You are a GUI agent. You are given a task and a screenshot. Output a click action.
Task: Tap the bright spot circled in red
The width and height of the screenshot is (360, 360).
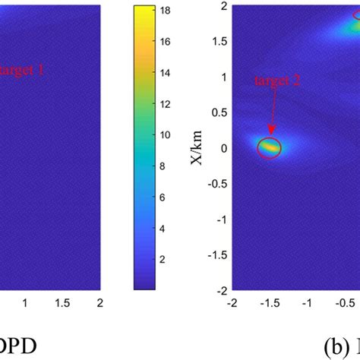pos(269,147)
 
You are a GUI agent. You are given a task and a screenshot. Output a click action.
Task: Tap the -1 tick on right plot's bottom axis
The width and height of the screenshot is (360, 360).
pos(308,302)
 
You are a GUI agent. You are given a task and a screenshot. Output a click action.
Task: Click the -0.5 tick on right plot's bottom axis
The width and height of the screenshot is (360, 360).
pos(345,302)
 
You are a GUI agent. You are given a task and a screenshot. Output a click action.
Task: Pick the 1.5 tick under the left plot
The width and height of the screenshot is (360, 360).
pos(62,302)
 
